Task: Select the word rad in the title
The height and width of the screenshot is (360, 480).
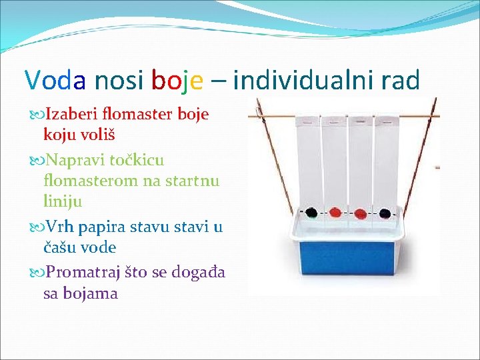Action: click(400, 80)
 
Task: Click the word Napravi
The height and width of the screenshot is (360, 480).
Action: click(71, 161)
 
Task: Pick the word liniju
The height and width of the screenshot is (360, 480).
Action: click(63, 201)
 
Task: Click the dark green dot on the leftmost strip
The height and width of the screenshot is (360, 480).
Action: click(311, 213)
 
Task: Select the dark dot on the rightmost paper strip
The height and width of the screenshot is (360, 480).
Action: click(385, 214)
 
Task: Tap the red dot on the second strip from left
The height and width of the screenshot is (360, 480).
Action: click(335, 213)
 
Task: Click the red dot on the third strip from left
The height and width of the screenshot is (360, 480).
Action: click(360, 214)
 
